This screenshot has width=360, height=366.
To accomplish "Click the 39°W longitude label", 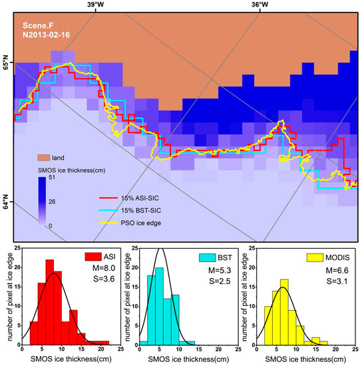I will point(95,5).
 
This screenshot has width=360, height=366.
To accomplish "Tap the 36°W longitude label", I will point(260,5).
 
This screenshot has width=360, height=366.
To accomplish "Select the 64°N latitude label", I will point(7,200).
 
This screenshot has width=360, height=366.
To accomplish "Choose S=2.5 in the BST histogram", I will point(215,282).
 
